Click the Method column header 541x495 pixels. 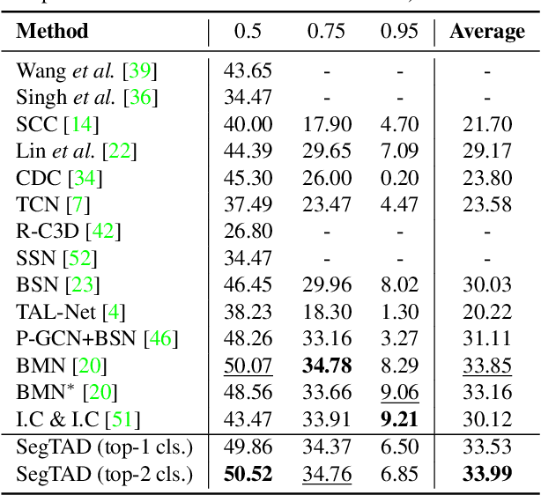tap(53, 33)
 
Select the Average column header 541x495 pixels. tap(487, 33)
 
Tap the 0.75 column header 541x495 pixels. tap(326, 33)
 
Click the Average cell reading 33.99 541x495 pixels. tap(487, 475)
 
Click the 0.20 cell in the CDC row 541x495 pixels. tap(398, 179)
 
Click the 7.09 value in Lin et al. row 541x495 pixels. tap(398, 151)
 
